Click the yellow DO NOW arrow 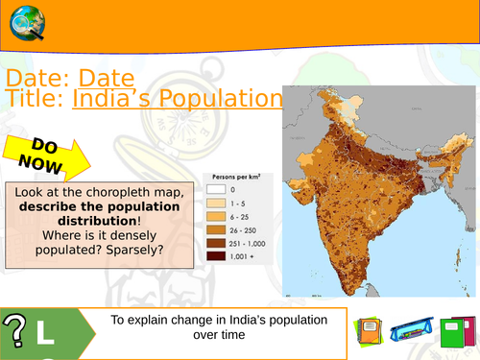(46, 156)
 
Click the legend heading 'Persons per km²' (236, 178)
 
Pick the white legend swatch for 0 (219, 190)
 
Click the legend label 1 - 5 (249, 204)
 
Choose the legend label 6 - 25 (251, 217)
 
